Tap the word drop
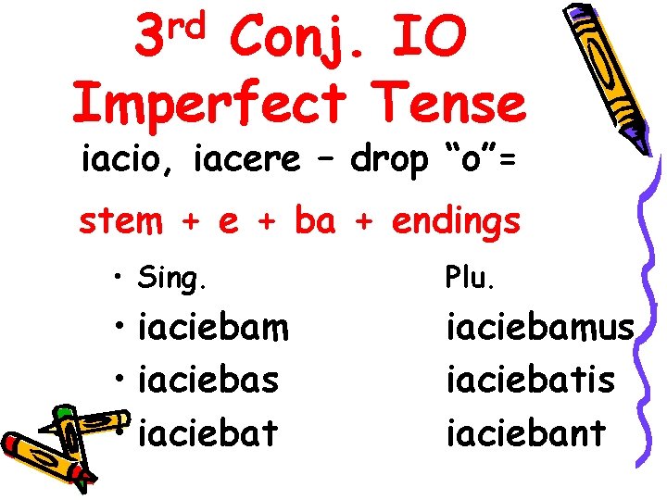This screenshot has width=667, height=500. pyautogui.click(x=390, y=162)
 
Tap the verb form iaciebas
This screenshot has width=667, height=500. pyautogui.click(x=208, y=380)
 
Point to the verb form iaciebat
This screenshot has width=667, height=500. pyautogui.click(x=207, y=432)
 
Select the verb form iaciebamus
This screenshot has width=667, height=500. pyautogui.click(x=540, y=327)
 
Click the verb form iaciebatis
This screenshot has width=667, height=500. pyautogui.click(x=530, y=380)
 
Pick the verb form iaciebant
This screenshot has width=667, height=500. pyautogui.click(x=525, y=432)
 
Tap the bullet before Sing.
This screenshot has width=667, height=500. pyautogui.click(x=120, y=277)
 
